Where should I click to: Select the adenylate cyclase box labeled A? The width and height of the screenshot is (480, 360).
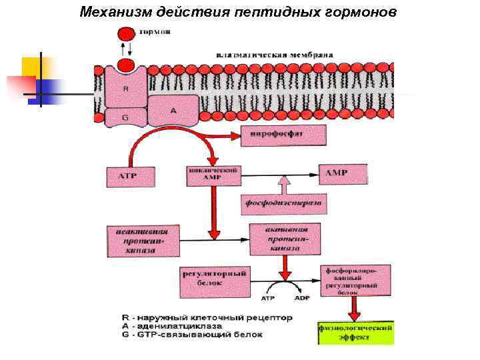coord(173,111)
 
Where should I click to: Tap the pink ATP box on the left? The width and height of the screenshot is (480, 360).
coord(131,176)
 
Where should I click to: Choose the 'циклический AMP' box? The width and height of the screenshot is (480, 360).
coord(213,175)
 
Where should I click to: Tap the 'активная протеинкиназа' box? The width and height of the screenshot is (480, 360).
coord(285,238)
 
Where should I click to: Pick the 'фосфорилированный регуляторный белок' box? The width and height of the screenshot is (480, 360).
coord(352,281)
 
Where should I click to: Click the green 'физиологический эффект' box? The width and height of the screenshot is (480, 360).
coord(357,333)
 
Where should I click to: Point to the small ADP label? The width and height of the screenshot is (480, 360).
coord(301,298)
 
